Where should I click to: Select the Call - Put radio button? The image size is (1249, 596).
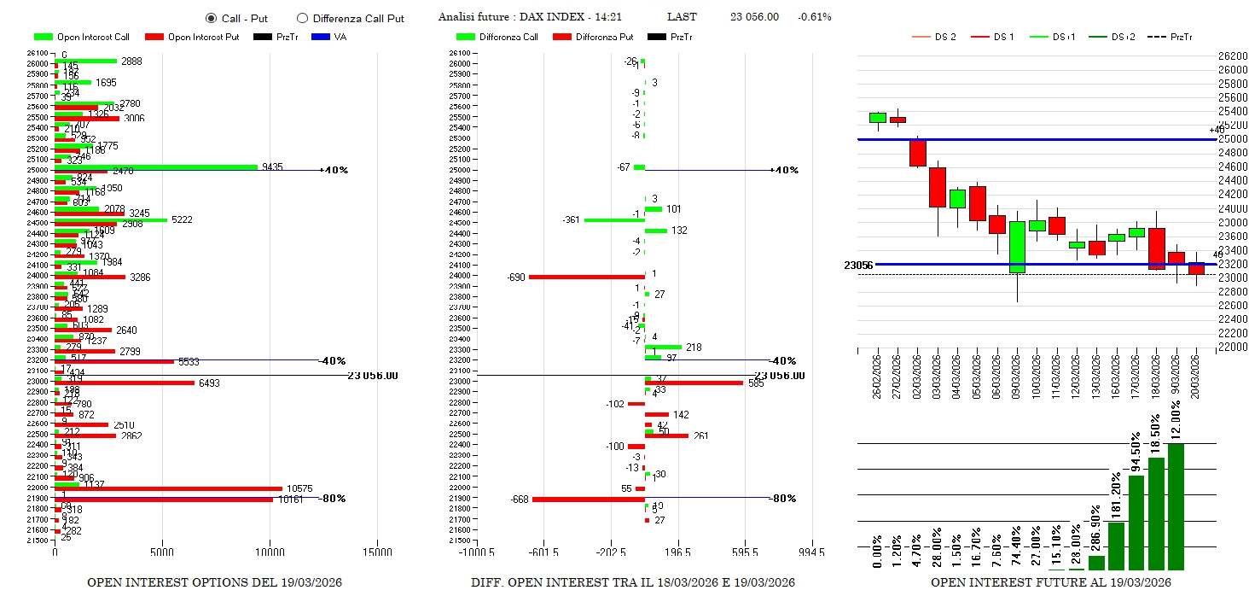pyautogui.click(x=211, y=18)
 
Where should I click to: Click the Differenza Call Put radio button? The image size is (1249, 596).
pyautogui.click(x=302, y=18)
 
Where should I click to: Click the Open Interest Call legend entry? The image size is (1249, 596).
pyautogui.click(x=82, y=37)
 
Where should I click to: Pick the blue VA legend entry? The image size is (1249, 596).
pyautogui.click(x=329, y=37)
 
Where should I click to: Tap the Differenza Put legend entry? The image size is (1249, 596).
pyautogui.click(x=593, y=37)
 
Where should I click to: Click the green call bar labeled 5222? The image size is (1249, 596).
pyautogui.click(x=111, y=220)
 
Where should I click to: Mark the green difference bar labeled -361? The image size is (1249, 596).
pyautogui.click(x=614, y=220)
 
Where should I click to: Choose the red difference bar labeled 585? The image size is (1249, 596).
pyautogui.click(x=694, y=383)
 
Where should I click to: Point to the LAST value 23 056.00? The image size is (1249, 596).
pyautogui.click(x=754, y=17)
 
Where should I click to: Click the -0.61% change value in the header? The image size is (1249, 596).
pyautogui.click(x=814, y=17)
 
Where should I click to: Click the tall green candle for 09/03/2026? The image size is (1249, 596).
pyautogui.click(x=1017, y=247)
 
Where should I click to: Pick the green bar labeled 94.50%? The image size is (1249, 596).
pyautogui.click(x=1136, y=522)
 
